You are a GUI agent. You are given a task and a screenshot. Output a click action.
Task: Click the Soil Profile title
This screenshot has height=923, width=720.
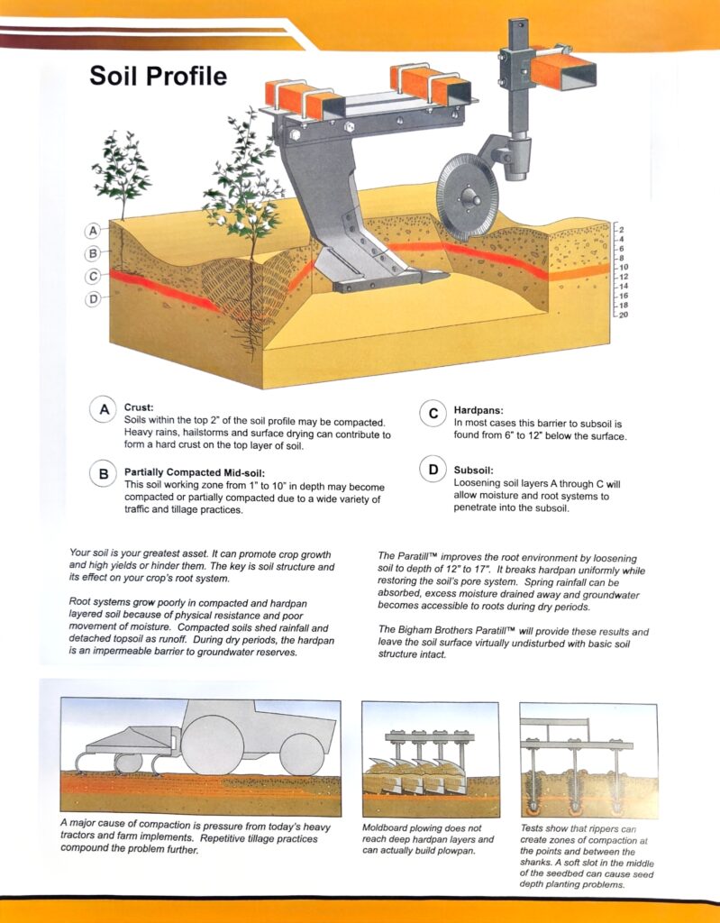point(158,76)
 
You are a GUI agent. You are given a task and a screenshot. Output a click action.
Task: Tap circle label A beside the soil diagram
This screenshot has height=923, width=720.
point(93,231)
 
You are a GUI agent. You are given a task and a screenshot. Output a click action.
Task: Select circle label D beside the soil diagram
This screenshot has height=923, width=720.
point(93,299)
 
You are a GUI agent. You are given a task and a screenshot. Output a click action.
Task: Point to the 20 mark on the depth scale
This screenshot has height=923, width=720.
point(623,315)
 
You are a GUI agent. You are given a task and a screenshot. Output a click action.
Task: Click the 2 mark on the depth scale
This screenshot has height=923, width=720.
point(621,230)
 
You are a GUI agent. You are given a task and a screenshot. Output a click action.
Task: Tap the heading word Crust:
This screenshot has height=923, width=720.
point(139,407)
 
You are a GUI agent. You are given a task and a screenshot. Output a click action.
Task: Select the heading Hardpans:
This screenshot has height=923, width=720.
point(478,410)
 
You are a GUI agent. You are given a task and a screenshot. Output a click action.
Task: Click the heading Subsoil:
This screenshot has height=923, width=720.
point(473,471)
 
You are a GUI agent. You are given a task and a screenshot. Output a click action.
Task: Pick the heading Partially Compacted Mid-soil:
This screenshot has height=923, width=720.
point(195,472)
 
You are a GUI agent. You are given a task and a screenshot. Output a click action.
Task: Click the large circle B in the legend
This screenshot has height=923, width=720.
point(104,474)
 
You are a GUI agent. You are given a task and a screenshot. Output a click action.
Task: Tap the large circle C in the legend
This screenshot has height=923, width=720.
point(433,413)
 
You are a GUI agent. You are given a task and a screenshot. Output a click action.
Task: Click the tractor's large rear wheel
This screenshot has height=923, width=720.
point(212,745)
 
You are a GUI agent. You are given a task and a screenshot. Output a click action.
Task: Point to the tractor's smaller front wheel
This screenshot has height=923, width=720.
point(301,754)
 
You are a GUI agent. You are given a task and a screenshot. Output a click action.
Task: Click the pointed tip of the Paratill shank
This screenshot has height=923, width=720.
point(448,274)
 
